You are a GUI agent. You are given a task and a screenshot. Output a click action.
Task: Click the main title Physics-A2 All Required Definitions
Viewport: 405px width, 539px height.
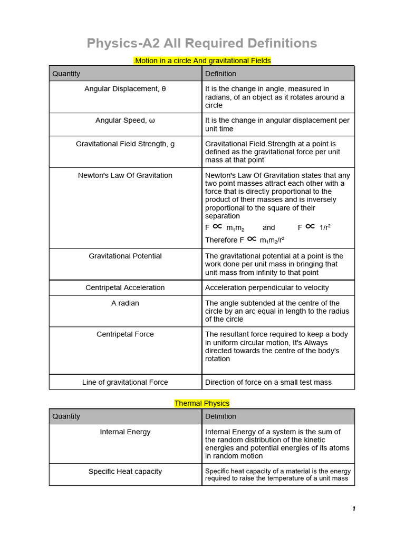click(x=202, y=43)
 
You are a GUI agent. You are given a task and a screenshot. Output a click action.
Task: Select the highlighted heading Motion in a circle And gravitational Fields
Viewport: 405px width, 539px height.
click(x=202, y=61)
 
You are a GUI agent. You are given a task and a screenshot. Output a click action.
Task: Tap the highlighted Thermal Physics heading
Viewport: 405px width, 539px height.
click(x=202, y=403)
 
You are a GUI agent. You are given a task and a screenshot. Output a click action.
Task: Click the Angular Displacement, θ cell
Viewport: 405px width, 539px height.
click(x=125, y=89)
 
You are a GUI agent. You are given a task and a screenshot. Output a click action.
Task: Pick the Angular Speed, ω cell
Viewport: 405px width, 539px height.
click(x=125, y=121)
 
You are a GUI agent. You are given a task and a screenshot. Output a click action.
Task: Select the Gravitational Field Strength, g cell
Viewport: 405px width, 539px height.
click(x=125, y=144)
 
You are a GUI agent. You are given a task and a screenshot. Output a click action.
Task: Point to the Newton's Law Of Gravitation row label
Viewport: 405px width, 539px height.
click(x=125, y=175)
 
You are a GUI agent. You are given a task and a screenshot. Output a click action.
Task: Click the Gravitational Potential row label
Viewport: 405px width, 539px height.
click(x=125, y=256)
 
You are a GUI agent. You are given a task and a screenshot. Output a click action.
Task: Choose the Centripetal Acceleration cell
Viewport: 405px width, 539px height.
click(x=125, y=287)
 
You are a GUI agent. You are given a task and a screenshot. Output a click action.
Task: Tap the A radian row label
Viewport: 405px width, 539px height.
click(x=125, y=303)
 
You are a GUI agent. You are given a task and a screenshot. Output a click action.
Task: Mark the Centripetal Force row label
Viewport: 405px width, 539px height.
click(x=125, y=334)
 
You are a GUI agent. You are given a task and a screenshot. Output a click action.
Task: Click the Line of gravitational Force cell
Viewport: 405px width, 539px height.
click(x=125, y=382)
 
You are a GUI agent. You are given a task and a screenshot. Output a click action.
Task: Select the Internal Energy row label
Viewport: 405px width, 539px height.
click(x=125, y=432)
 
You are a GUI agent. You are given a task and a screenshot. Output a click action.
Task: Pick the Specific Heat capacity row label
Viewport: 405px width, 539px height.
click(x=125, y=471)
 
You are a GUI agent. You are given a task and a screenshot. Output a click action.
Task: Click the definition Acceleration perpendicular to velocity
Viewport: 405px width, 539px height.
click(x=267, y=287)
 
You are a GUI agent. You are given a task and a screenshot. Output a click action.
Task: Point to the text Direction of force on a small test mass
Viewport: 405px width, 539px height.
click(x=268, y=382)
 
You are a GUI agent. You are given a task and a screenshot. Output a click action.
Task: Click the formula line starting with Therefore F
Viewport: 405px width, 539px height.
click(x=245, y=240)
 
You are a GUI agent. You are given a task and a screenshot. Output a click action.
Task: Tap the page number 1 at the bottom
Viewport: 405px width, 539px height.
click(x=354, y=508)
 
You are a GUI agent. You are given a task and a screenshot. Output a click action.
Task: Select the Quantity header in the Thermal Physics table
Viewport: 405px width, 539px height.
click(x=66, y=416)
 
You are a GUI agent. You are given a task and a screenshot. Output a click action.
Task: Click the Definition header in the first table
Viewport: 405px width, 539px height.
click(x=220, y=74)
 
